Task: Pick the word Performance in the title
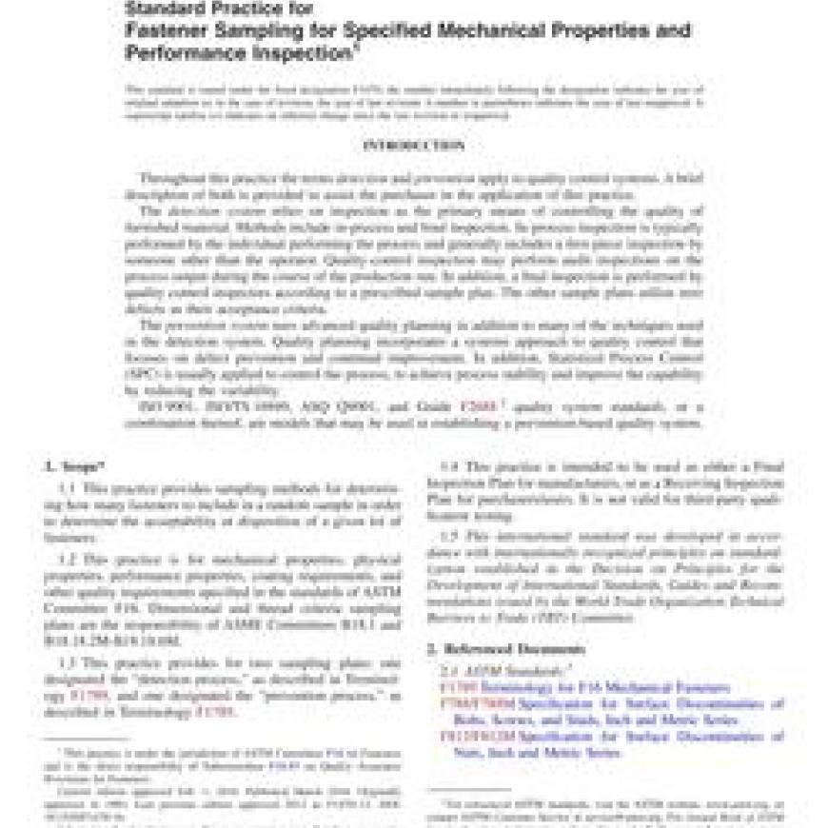pyautogui.click(x=186, y=53)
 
